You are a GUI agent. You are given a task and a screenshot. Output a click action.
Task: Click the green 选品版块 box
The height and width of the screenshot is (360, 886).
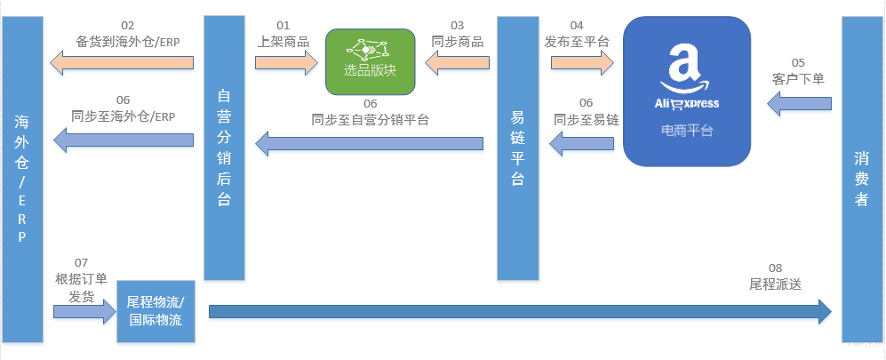point(370,62)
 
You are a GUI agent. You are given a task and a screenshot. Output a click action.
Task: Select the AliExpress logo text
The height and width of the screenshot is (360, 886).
point(685,103)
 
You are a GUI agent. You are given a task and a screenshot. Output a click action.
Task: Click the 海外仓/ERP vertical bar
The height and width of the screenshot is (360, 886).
point(22,178)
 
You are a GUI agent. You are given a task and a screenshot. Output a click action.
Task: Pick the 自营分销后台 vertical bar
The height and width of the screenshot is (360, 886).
point(225,147)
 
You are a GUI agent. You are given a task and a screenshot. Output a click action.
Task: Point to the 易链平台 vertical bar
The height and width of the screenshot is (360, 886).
point(518,147)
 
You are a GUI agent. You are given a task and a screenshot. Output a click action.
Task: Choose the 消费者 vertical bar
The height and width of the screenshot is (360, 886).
point(861,178)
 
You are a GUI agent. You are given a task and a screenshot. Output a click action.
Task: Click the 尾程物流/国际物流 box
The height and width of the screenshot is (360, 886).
point(156,310)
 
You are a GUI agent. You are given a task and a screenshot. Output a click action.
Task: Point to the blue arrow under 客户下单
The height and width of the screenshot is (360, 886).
point(798,106)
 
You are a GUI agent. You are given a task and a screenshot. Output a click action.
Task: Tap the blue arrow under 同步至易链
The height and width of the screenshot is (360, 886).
point(582,140)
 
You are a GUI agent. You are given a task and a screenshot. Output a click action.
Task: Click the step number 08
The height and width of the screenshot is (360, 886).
point(775,268)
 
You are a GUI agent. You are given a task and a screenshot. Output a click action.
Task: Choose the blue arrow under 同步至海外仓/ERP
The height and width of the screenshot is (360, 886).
point(124,140)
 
